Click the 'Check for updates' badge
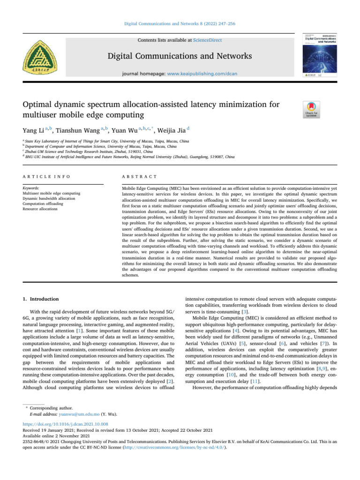[x=312, y=109]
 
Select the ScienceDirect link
[x=208, y=41]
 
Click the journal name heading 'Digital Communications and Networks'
[x=180, y=57]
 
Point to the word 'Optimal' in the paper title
[x=38, y=104]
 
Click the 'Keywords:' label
[x=31, y=187]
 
